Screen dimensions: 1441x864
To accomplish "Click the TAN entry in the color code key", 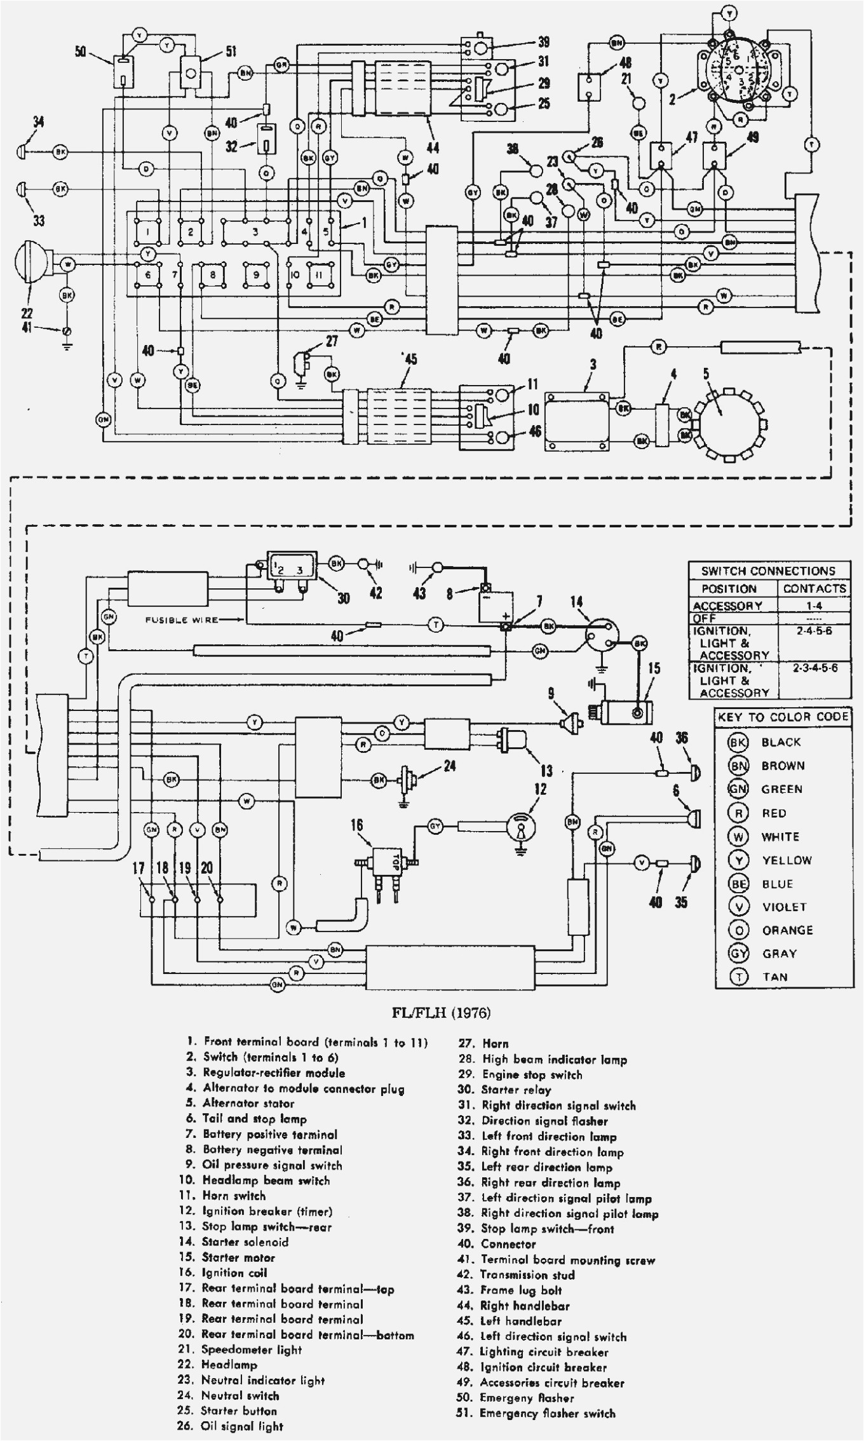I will pyautogui.click(x=774, y=977).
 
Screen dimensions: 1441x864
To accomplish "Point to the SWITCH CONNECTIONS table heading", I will pyautogui.click(x=768, y=571).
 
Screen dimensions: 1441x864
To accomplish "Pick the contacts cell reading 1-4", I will pyautogui.click(x=814, y=605).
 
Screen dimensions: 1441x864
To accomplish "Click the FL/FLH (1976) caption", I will pyautogui.click(x=441, y=1013).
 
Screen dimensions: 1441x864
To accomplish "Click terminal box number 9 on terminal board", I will pyautogui.click(x=256, y=275).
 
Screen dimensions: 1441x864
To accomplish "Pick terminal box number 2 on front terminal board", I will pyautogui.click(x=190, y=233).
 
